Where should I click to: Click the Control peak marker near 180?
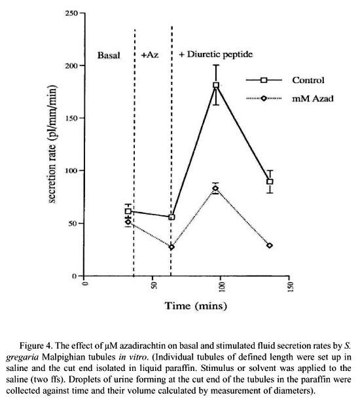[216, 85]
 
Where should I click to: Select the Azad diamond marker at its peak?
[216, 188]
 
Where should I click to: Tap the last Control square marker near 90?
[270, 182]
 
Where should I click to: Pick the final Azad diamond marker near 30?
[270, 245]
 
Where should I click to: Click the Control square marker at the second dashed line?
[172, 217]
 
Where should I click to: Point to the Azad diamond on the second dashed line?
[171, 247]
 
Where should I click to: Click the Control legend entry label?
[308, 80]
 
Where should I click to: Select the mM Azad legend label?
[313, 99]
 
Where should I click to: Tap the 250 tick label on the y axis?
[71, 13]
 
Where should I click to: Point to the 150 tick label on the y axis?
[71, 118]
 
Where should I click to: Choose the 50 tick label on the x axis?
[154, 285]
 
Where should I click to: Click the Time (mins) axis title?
[196, 305]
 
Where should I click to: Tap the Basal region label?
[109, 55]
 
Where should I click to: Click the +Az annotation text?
[150, 55]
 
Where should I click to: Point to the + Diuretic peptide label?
[216, 54]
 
